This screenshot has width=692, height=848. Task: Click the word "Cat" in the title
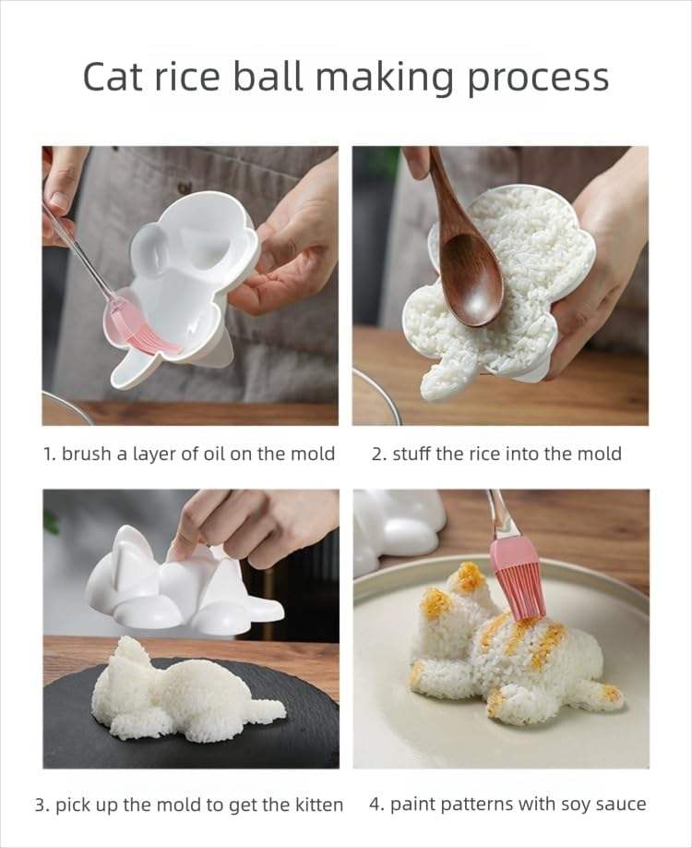[114, 77]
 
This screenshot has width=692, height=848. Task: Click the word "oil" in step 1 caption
[214, 454]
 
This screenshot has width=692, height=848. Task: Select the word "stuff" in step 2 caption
[412, 454]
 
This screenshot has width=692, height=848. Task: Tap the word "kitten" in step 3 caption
[318, 805]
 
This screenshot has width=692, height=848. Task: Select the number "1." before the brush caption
[50, 454]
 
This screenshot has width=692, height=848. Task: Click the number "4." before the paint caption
[376, 805]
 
